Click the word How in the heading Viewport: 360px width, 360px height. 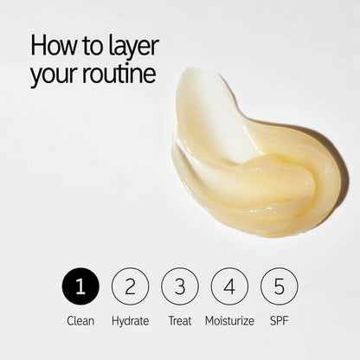pyautogui.click(x=53, y=45)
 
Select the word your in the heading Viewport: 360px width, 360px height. pyautogui.click(x=55, y=75)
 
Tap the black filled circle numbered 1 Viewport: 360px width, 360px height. pyautogui.click(x=80, y=286)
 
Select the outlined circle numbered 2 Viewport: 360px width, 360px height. pyautogui.click(x=131, y=286)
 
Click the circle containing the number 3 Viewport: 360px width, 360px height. pyautogui.click(x=180, y=286)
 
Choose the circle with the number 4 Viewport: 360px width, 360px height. pyautogui.click(x=229, y=286)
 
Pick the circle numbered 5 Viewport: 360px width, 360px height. pyautogui.click(x=279, y=286)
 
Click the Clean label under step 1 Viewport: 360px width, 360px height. pyautogui.click(x=80, y=321)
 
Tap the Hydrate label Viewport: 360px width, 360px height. pyautogui.click(x=131, y=321)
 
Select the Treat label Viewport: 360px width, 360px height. pyautogui.click(x=180, y=321)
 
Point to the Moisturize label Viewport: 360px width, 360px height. pyautogui.click(x=229, y=321)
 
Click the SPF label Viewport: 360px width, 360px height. pyautogui.click(x=279, y=321)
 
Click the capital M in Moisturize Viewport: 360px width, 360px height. pyautogui.click(x=209, y=321)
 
